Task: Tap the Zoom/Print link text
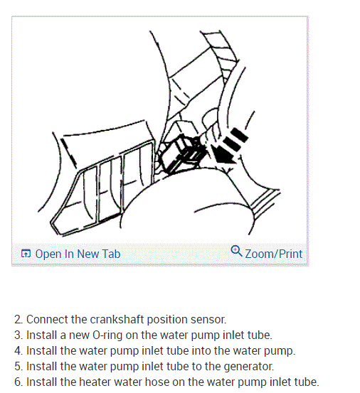(273, 254)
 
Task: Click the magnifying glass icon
(236, 251)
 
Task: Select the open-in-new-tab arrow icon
(26, 254)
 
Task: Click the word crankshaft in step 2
(117, 319)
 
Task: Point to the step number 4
(18, 351)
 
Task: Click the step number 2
(18, 320)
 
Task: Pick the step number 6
(18, 382)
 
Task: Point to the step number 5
(18, 367)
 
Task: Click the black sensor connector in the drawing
(183, 154)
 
